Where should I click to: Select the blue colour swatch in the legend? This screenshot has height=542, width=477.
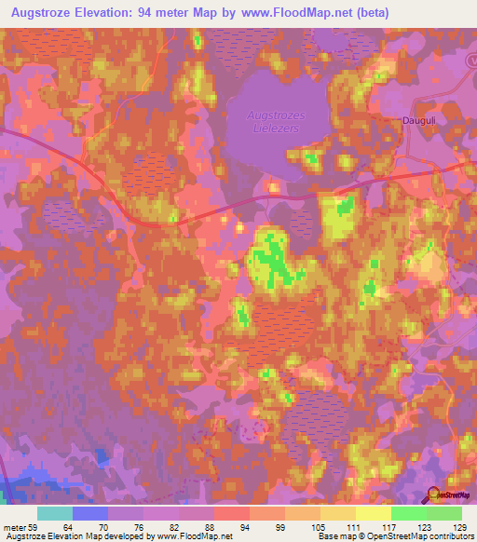[x=90, y=513]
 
